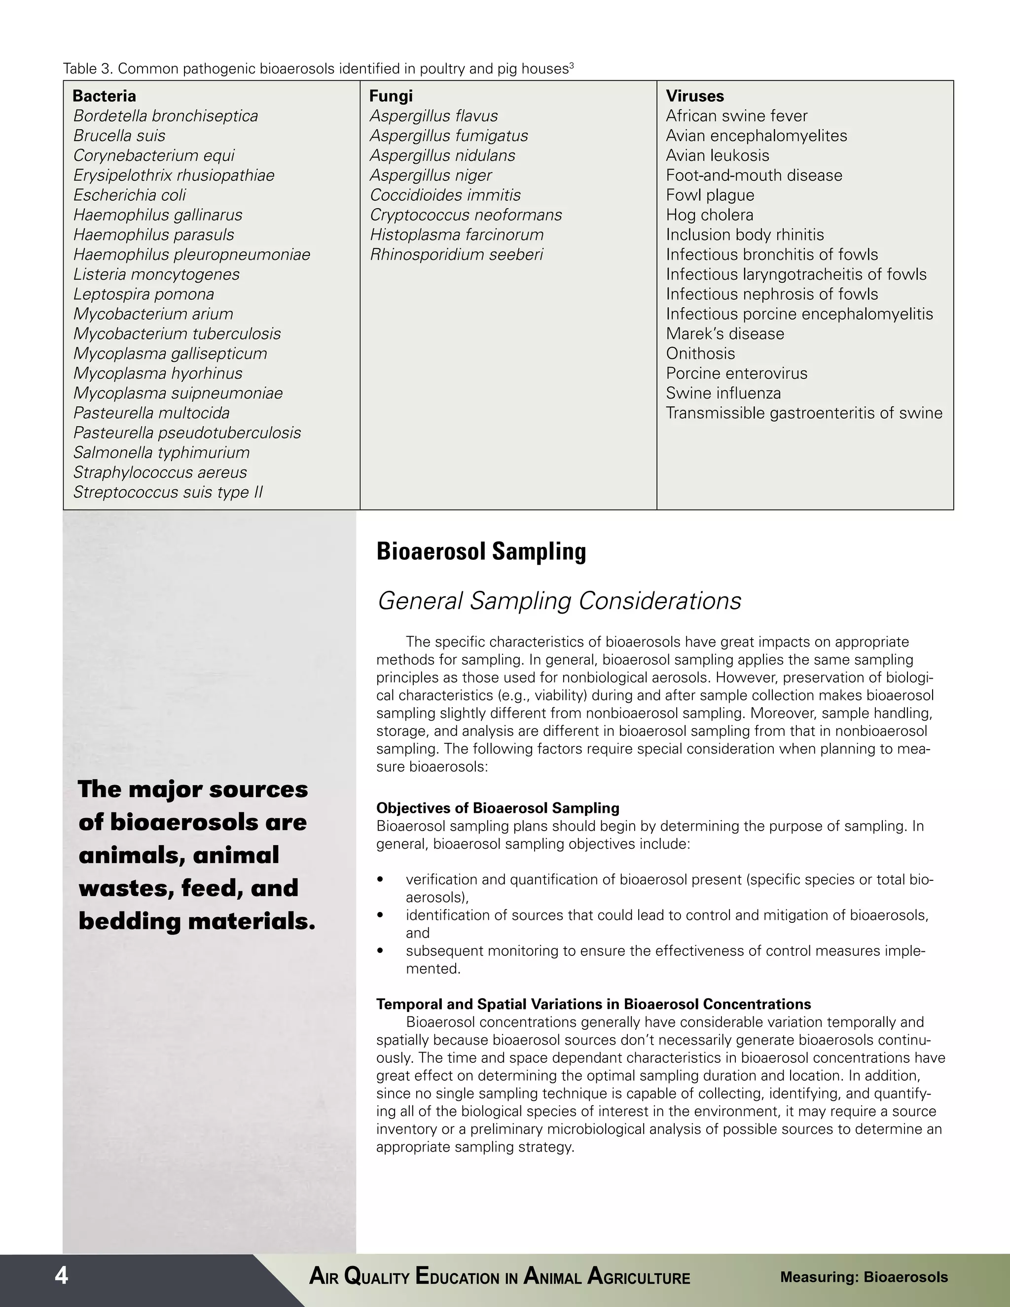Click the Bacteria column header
(104, 96)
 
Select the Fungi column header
(391, 96)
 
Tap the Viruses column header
(695, 96)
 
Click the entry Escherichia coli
(129, 195)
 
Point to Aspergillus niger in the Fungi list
(431, 176)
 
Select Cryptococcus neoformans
(466, 215)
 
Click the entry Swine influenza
(723, 393)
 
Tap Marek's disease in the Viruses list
(724, 334)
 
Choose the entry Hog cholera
(710, 215)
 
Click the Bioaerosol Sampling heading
(481, 552)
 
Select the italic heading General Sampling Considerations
(559, 601)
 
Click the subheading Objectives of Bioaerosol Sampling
(497, 808)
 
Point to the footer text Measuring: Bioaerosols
(864, 1277)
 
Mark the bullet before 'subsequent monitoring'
(380, 951)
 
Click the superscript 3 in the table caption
(572, 66)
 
